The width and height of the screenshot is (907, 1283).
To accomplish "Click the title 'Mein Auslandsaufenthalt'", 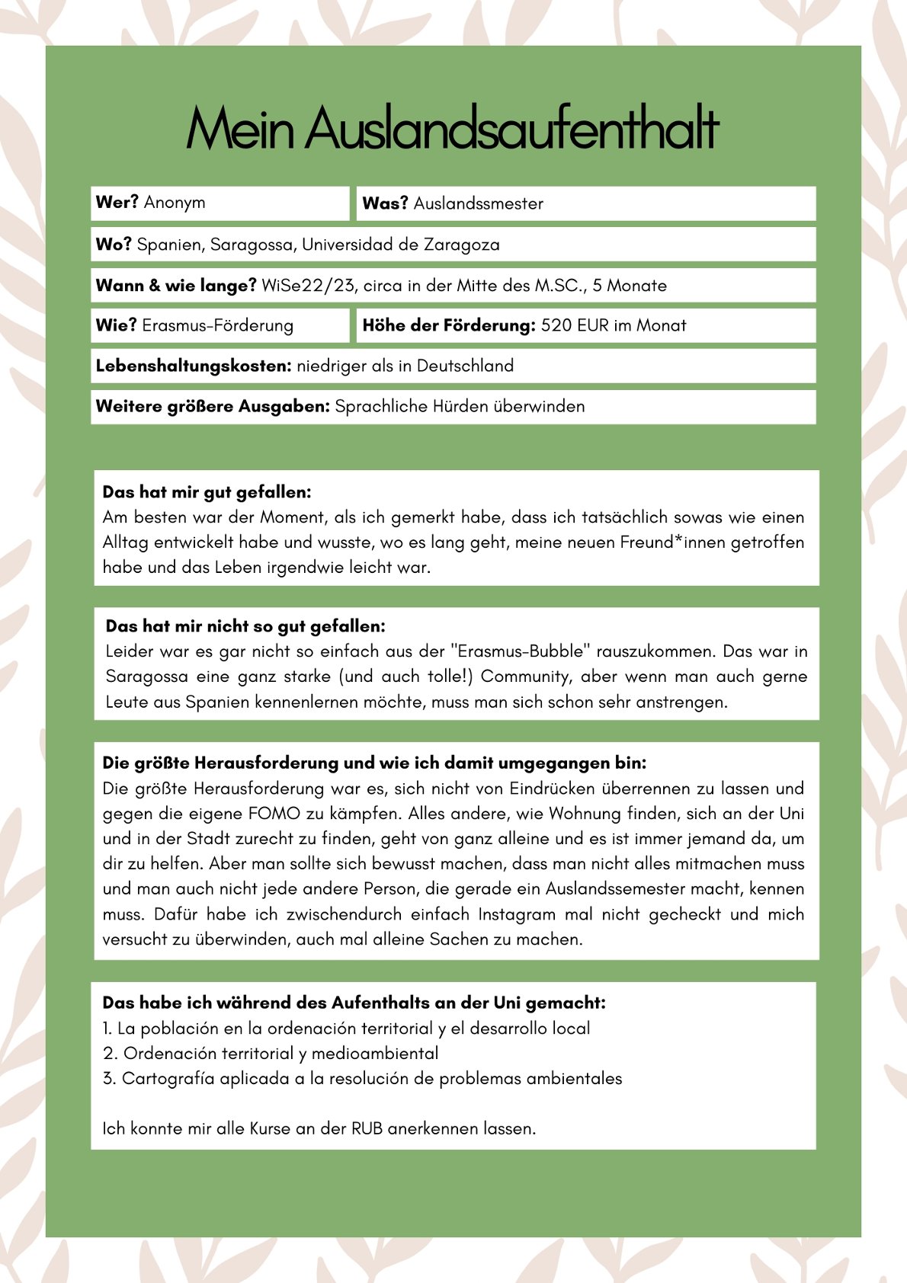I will tap(453, 128).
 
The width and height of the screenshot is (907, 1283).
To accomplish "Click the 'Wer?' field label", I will tap(117, 203).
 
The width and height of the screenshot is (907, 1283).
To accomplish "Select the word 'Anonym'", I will tap(175, 203).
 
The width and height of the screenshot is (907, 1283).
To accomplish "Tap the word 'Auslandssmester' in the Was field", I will tap(478, 203).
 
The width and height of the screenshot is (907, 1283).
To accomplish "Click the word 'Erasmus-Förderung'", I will tap(217, 325).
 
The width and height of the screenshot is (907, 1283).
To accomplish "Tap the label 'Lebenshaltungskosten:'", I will tap(194, 366).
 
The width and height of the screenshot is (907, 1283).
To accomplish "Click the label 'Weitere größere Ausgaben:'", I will tap(213, 406).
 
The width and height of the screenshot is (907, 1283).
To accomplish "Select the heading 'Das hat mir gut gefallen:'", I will tap(207, 492).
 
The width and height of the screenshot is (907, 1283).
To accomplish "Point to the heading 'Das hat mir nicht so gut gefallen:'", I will tap(245, 626).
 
